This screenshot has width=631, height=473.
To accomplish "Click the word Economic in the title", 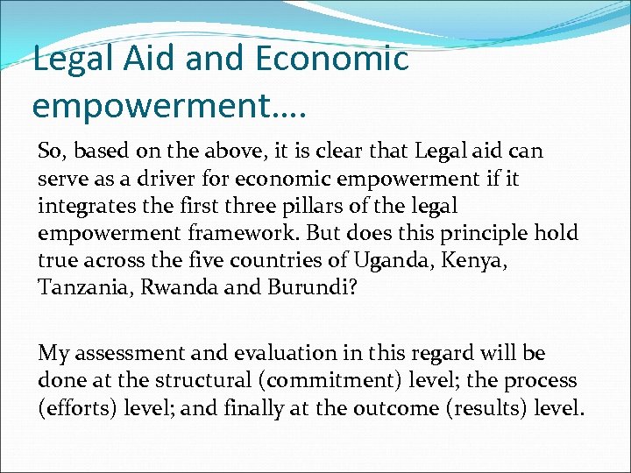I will point(332,60).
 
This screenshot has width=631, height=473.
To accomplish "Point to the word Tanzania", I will point(81,288).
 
